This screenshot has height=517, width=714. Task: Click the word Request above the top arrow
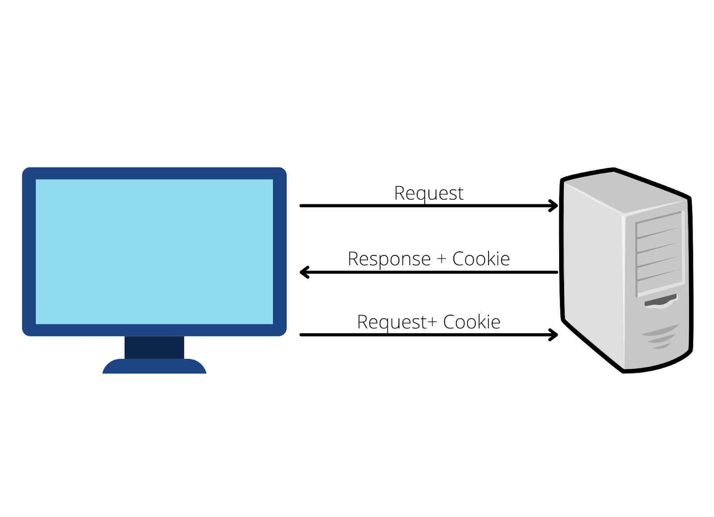[x=428, y=193]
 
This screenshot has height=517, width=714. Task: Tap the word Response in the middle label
[x=389, y=259]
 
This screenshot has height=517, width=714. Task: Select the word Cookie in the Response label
[x=481, y=259]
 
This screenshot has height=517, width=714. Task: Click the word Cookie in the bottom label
[x=471, y=322]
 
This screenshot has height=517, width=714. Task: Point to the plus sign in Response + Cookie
[x=441, y=259]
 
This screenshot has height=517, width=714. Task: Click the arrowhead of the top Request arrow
[x=554, y=206]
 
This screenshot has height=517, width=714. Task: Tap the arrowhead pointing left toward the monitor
[x=304, y=272]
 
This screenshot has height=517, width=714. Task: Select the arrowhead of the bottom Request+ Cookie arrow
[x=554, y=334]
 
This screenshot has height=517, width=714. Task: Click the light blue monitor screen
[x=154, y=251]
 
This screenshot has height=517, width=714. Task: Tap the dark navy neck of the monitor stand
[x=154, y=347]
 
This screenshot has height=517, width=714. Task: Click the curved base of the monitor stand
[x=154, y=367]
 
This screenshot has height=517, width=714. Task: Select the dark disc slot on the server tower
[x=660, y=301]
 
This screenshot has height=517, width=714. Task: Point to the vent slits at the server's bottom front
[x=659, y=337]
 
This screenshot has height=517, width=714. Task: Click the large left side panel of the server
[x=591, y=268]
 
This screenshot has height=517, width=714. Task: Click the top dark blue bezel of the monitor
[x=154, y=173]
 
